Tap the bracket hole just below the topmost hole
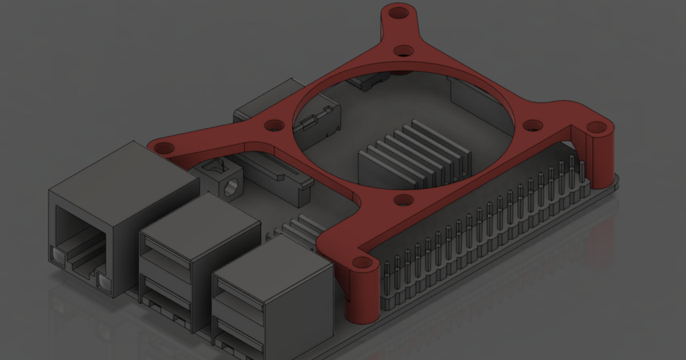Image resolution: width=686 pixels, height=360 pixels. point(404,51)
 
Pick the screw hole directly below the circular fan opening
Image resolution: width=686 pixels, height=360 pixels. point(404,200)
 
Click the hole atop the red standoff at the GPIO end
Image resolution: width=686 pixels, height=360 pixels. point(596,127)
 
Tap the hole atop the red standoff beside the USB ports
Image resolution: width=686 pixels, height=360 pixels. point(362,263)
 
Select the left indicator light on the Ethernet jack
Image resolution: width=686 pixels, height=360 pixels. point(59,257)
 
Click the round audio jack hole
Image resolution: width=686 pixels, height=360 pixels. point(232,187)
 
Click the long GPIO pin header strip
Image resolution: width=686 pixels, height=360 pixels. point(486,229)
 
